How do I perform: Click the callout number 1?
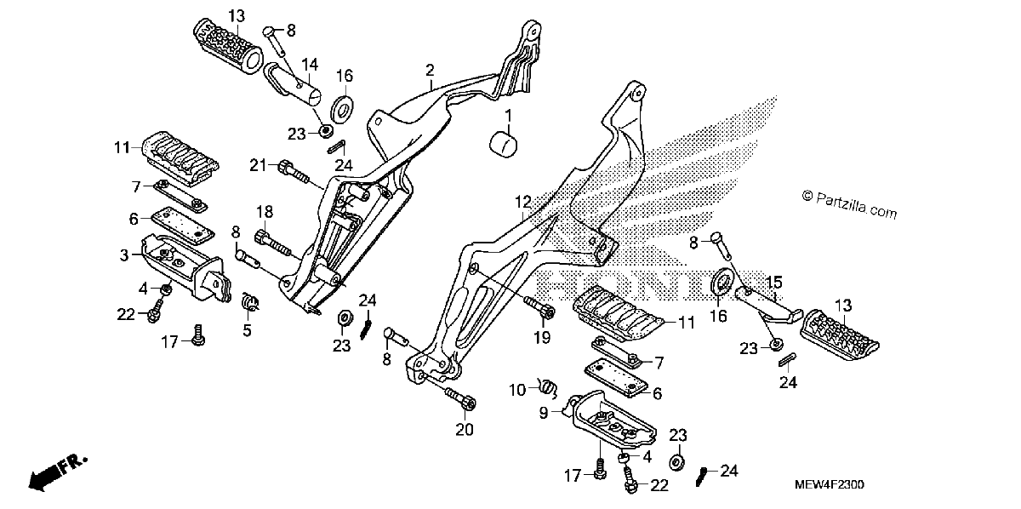[x=508, y=116]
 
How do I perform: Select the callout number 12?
[x=523, y=202]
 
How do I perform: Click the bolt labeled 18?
[x=273, y=243]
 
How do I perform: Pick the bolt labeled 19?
[x=540, y=307]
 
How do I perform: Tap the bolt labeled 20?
[x=461, y=398]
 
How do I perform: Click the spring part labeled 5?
[x=250, y=301]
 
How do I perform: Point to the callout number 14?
[x=309, y=65]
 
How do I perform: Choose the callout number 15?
[x=774, y=283]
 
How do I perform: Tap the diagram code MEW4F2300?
[x=829, y=484]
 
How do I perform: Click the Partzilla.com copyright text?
[x=849, y=204]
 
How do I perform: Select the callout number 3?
[x=124, y=255]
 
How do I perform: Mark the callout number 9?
[x=544, y=413]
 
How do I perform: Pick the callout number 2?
[x=430, y=71]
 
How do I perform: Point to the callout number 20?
[x=465, y=429]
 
